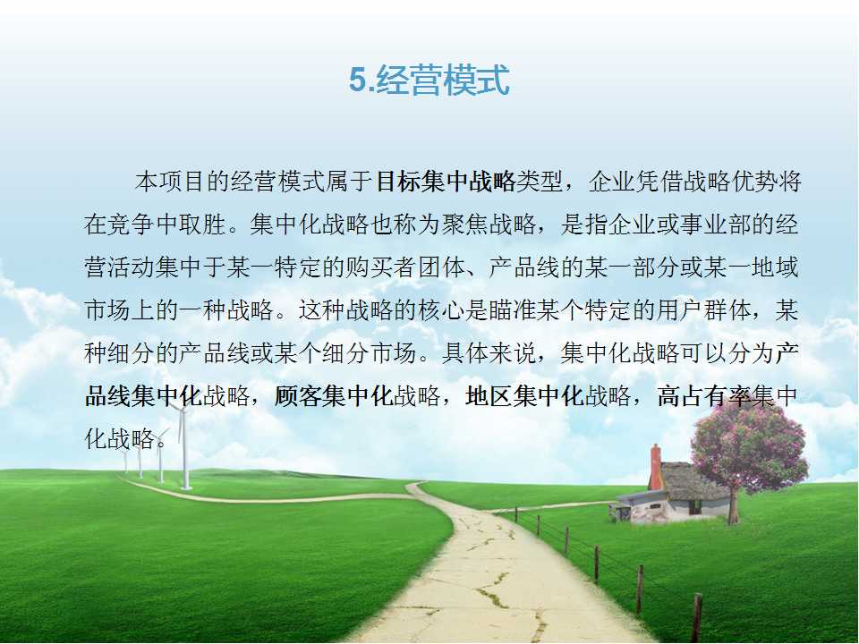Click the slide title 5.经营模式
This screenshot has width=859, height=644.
point(429,80)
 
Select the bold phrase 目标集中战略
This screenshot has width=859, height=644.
point(447,182)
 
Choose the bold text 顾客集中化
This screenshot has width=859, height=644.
point(333,396)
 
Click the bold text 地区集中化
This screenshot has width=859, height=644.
point(524,396)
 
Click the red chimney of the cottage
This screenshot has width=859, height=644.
point(655,467)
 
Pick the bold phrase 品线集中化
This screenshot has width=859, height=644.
point(143,396)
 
